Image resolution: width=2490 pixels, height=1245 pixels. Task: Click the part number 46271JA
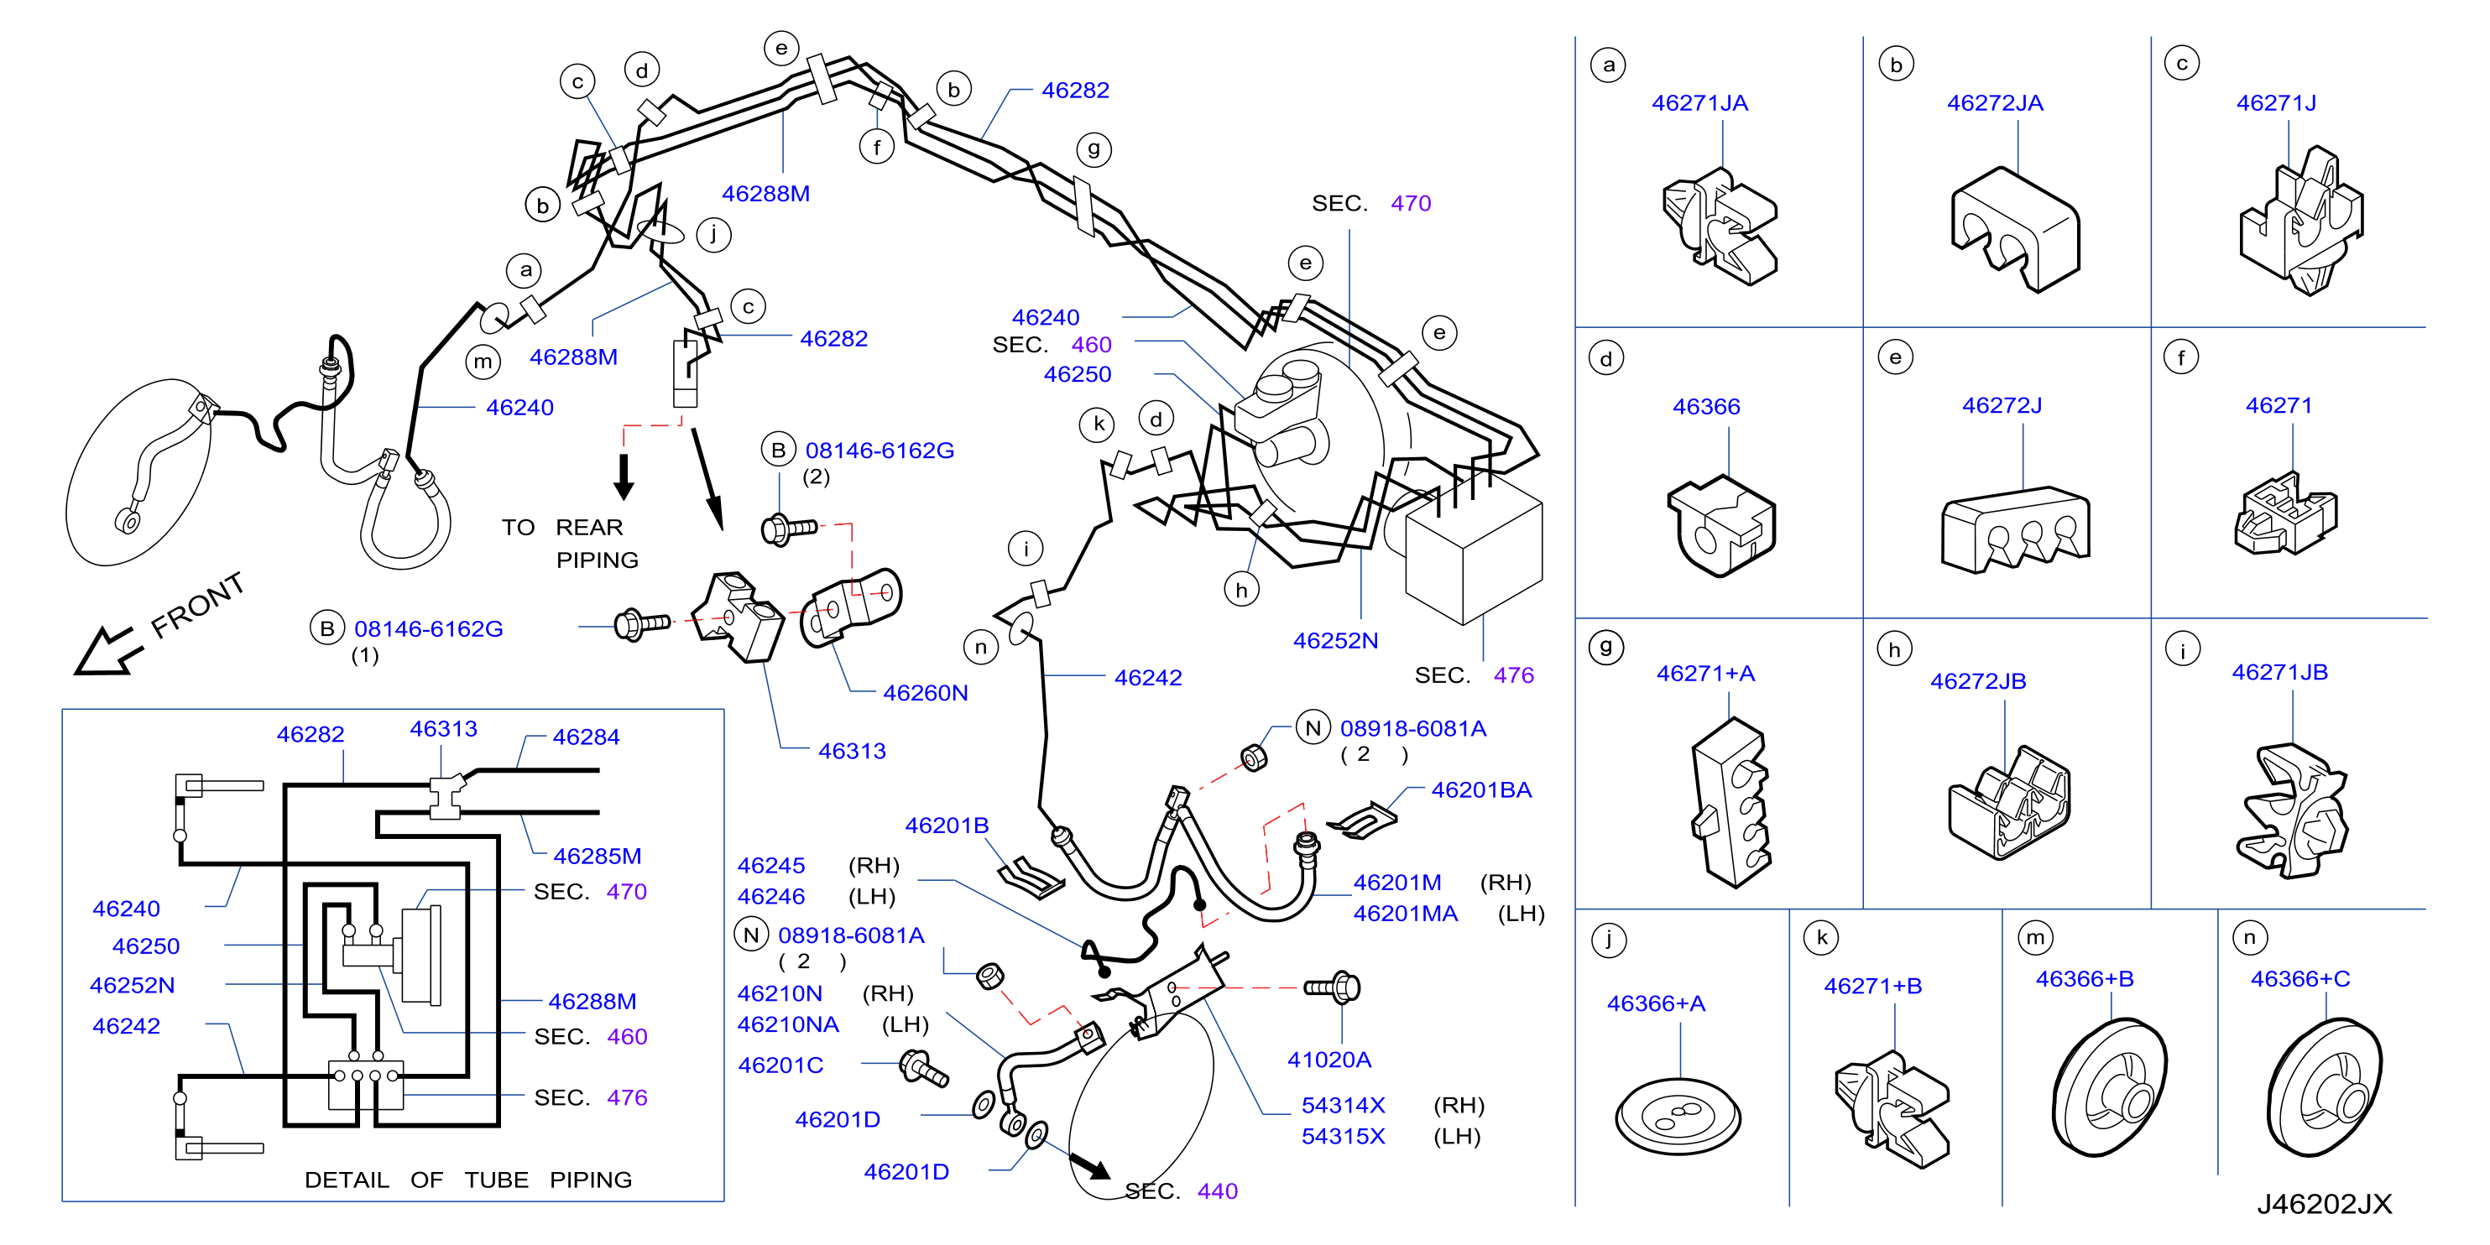click(x=1699, y=102)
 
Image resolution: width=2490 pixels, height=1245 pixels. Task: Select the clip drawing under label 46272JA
click(x=2015, y=229)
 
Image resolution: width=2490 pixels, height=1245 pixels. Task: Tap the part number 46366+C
click(x=2299, y=978)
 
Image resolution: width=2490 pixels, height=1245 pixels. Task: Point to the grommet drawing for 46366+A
click(x=1678, y=1117)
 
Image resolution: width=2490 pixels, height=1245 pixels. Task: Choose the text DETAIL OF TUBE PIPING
click(x=467, y=1180)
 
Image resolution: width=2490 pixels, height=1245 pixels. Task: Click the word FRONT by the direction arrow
click(x=198, y=605)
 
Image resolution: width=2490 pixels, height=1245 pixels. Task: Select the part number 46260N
click(x=925, y=692)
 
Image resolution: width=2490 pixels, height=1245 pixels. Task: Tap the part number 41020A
click(x=1329, y=1060)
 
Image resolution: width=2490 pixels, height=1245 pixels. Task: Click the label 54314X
click(x=1343, y=1105)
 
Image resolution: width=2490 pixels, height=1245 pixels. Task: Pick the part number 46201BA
click(x=1481, y=789)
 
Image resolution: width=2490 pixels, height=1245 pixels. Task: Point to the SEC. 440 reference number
click(x=1217, y=1190)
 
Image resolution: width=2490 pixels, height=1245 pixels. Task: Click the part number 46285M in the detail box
click(x=597, y=856)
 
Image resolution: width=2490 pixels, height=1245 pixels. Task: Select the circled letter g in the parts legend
click(x=1605, y=647)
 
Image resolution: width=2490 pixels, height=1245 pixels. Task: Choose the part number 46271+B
click(x=1872, y=986)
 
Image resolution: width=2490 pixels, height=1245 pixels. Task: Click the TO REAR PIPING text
click(x=571, y=544)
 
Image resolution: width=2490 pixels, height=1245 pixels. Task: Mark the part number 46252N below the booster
click(x=1336, y=640)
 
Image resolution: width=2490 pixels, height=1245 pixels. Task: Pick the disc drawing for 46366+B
click(x=2110, y=1087)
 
